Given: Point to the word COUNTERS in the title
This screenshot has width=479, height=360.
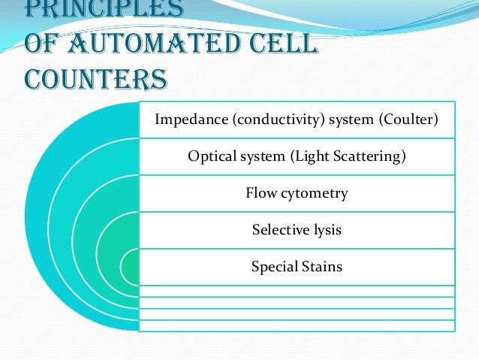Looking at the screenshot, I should coord(95,78).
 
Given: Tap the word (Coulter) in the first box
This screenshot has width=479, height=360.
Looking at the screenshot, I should coord(406,119).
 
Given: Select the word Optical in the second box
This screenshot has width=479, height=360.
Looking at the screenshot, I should coord(208,156).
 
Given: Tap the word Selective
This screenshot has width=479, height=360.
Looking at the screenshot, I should coord(279,230).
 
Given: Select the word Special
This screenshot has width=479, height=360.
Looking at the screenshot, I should coord(273,267).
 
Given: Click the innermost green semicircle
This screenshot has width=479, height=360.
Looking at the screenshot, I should coord(131,267).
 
